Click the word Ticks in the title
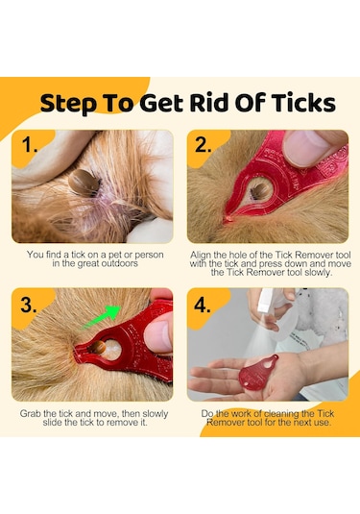303,103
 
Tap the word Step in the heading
68,104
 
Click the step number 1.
30,144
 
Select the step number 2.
204,144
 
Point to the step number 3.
28,305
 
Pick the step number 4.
203,305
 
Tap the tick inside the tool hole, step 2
260,192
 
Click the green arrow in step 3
102,317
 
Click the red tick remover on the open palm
258,373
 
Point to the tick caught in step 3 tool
98,348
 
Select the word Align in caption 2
201,255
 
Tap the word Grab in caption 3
31,413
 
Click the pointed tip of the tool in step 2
227,219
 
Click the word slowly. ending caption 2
318,273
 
